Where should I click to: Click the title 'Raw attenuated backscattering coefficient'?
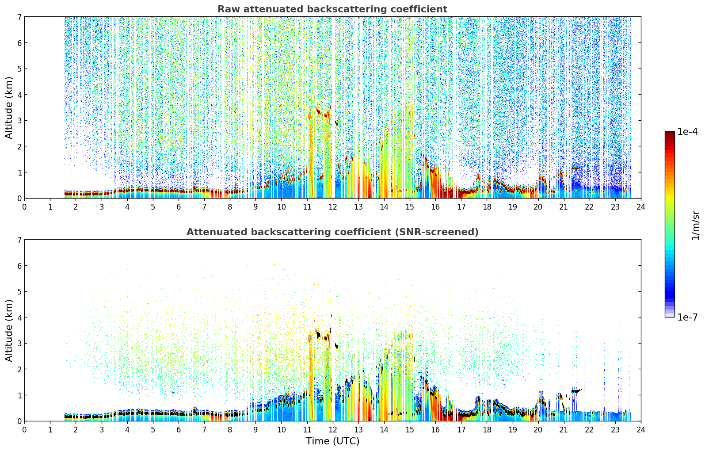click(x=332, y=9)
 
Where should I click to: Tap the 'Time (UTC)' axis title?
click(x=332, y=441)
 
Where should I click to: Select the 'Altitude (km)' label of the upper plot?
click(x=9, y=108)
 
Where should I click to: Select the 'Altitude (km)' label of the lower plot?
click(x=9, y=330)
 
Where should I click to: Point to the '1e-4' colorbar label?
click(x=687, y=132)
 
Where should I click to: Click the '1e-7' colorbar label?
click(x=687, y=317)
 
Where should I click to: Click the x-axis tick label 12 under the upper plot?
click(x=333, y=207)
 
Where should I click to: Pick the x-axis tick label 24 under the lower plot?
click(x=641, y=430)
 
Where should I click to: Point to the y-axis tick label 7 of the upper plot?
click(x=19, y=17)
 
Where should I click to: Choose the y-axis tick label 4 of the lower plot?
click(x=19, y=317)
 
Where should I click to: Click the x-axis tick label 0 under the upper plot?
click(x=25, y=207)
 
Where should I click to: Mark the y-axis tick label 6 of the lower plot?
click(x=19, y=265)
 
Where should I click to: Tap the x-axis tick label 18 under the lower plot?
click(x=487, y=430)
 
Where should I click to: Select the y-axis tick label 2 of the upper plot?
click(x=19, y=146)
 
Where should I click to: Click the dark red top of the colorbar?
click(x=670, y=134)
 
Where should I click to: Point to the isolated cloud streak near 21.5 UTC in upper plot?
click(x=576, y=168)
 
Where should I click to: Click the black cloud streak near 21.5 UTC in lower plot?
click(x=576, y=390)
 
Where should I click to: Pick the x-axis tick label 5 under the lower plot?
click(x=153, y=430)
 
